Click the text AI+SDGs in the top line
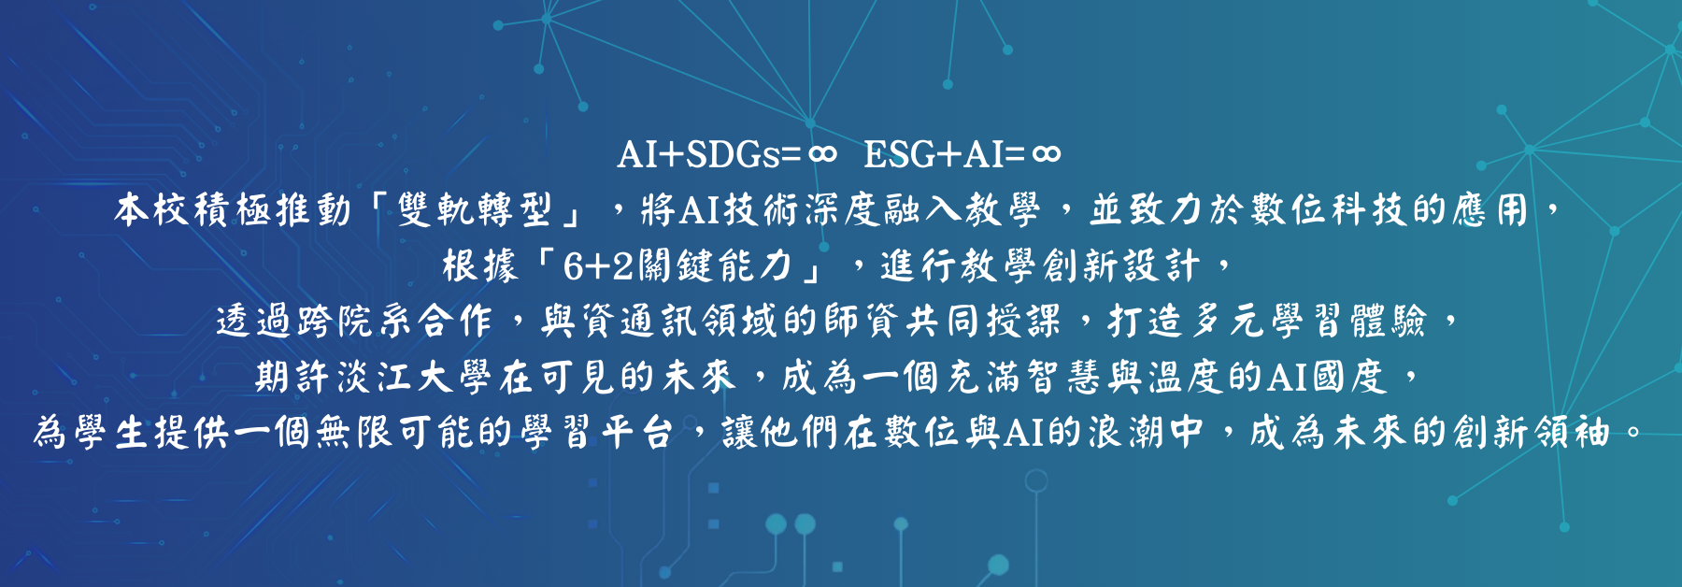click(x=698, y=154)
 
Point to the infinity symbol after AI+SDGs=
click(x=821, y=154)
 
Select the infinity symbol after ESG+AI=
click(x=1046, y=154)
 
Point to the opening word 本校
click(x=152, y=210)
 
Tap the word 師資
click(x=862, y=322)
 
